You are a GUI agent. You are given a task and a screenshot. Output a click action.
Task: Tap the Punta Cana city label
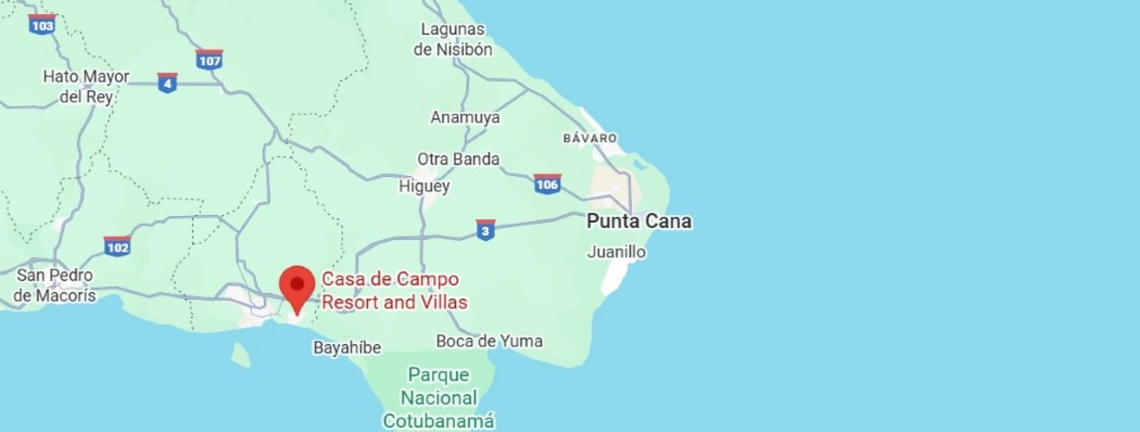(639, 221)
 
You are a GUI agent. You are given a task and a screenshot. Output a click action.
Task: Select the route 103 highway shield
(42, 25)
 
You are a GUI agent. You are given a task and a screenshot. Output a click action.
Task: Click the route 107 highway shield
(210, 60)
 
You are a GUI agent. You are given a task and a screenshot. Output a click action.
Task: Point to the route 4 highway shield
(167, 83)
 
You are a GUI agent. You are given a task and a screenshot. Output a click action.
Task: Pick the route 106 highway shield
(547, 184)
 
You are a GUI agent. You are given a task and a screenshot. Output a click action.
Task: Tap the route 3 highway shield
(485, 231)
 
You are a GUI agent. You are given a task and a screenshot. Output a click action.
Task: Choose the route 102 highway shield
(117, 247)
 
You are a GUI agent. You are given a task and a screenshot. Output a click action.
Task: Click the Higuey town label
(424, 186)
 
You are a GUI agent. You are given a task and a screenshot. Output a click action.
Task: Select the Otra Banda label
(458, 159)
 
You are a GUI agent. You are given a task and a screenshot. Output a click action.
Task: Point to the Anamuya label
(465, 117)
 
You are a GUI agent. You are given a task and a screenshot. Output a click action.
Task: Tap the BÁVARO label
(589, 138)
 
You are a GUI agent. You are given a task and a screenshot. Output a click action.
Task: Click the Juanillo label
(616, 252)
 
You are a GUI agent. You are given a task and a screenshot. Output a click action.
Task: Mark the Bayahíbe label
(347, 347)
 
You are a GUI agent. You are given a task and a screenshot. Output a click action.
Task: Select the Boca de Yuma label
(489, 341)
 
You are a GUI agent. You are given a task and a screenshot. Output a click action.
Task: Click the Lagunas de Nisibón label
(453, 39)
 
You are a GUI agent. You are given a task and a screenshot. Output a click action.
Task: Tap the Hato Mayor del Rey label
(86, 86)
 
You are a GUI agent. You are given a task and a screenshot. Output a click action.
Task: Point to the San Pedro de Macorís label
(55, 285)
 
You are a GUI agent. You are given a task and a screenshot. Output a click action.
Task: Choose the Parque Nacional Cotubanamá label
(439, 398)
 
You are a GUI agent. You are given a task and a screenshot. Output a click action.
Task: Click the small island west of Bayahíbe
(240, 354)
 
